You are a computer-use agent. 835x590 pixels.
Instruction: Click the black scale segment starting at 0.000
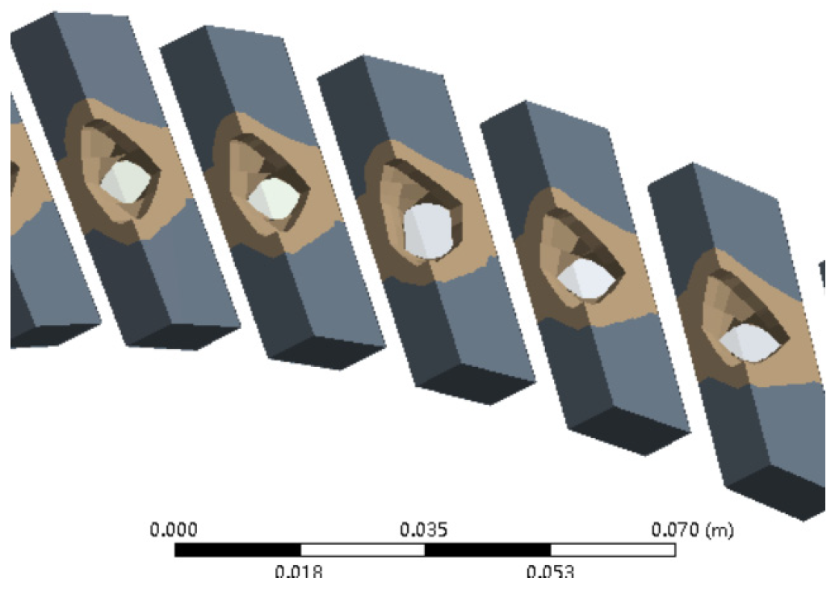(237, 550)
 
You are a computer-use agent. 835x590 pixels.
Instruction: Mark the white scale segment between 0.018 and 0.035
(362, 550)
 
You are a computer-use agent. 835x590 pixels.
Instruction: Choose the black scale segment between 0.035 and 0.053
(487, 550)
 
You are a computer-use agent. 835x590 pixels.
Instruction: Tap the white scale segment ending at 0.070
(612, 550)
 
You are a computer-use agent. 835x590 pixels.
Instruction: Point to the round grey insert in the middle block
(430, 230)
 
